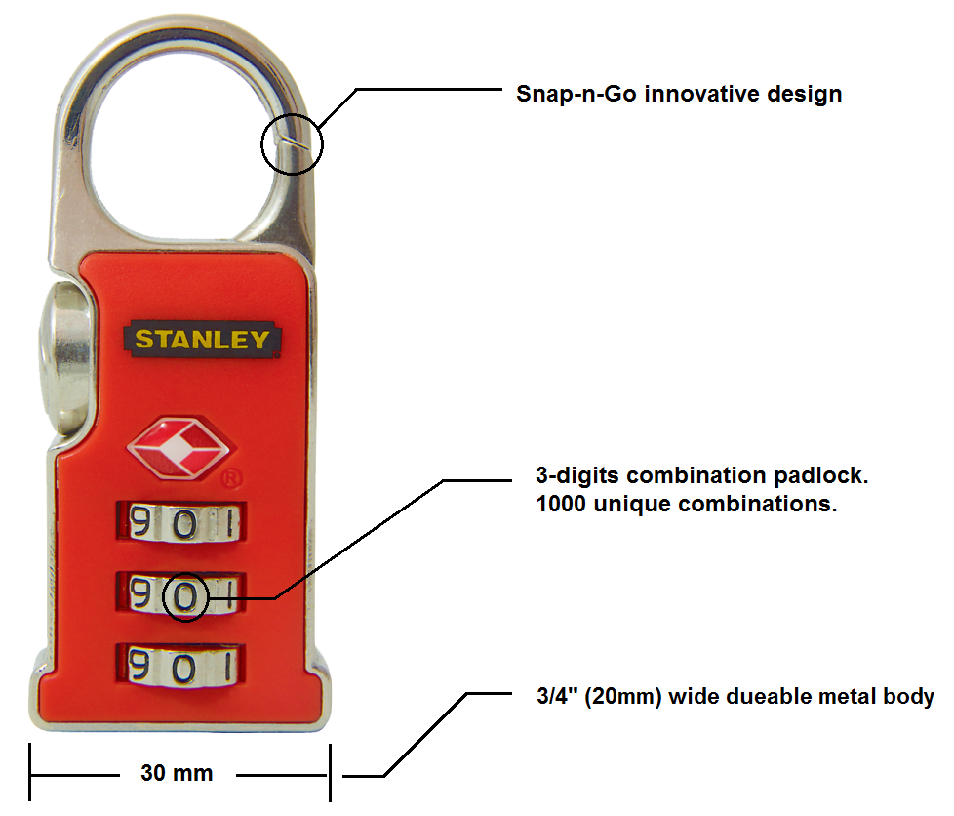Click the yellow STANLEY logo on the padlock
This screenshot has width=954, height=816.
pos(202,340)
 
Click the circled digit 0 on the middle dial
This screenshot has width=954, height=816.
pos(186,593)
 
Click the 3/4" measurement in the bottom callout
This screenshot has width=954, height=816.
pos(551,697)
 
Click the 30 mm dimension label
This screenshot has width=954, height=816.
pos(177,774)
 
